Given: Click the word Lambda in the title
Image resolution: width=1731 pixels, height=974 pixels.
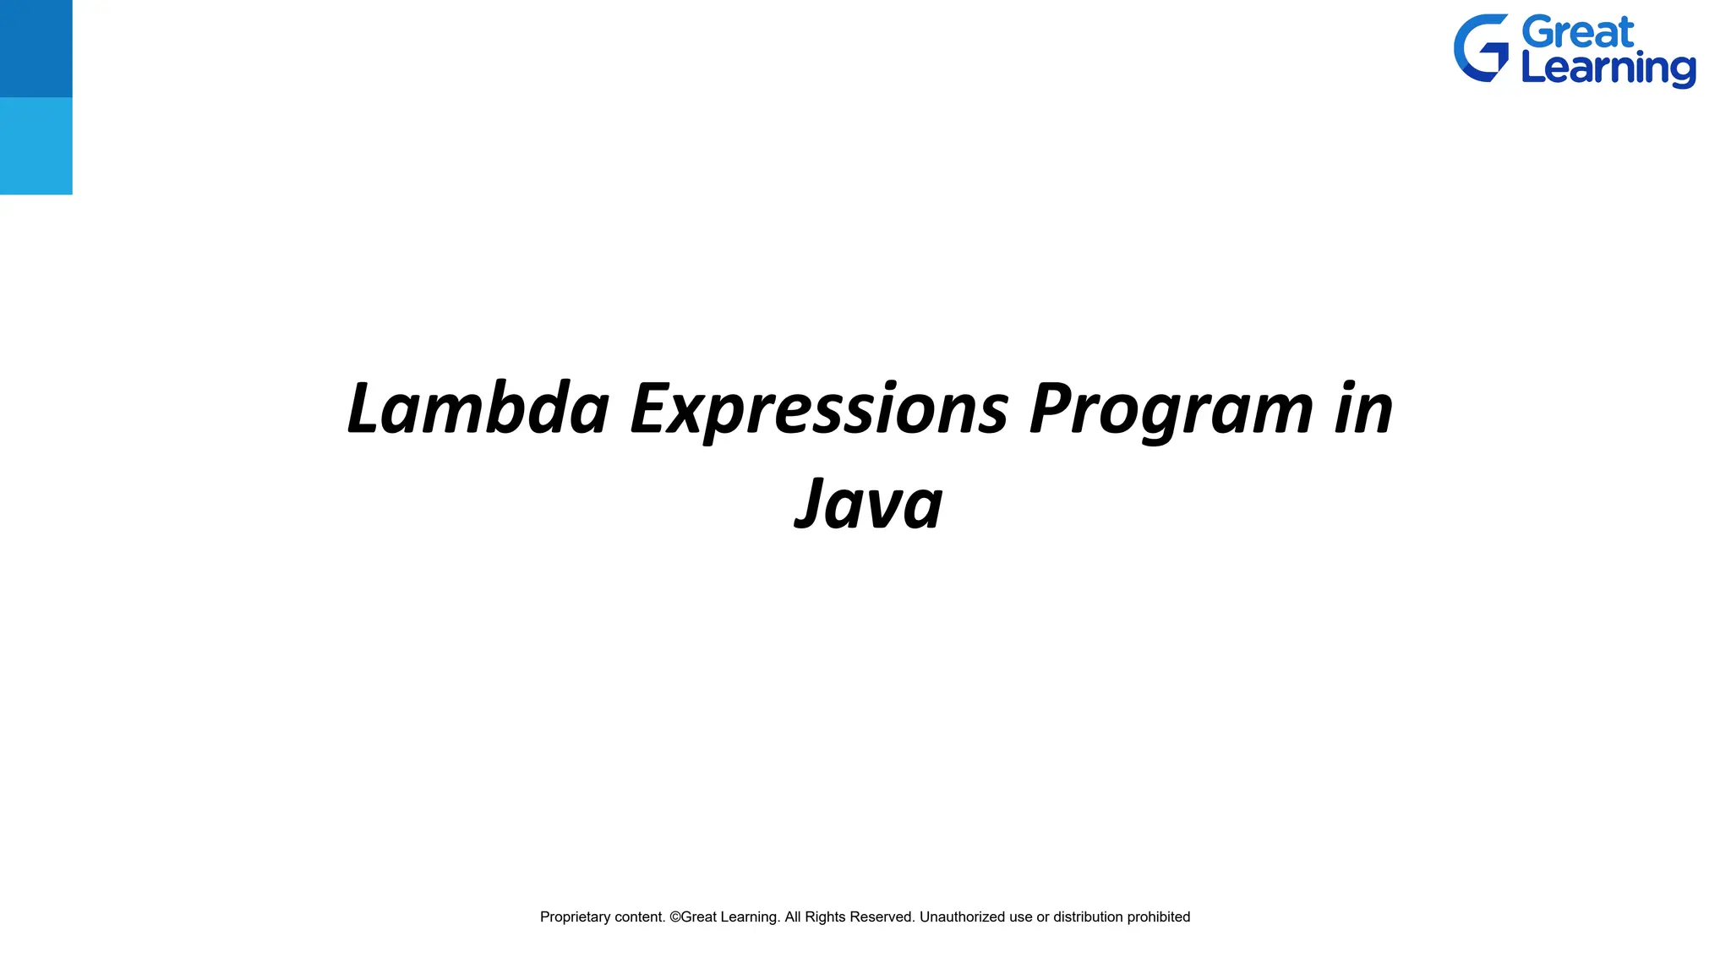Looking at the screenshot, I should (x=478, y=408).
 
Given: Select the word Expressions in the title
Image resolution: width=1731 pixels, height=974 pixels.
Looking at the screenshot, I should (x=819, y=410).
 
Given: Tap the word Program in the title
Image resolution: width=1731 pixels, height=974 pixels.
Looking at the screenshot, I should (x=1171, y=410).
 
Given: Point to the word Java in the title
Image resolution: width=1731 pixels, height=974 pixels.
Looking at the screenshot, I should (x=869, y=504).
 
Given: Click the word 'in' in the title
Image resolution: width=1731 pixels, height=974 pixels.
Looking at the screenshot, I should (x=1363, y=408).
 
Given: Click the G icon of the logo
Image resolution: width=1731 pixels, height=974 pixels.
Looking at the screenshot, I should (x=1481, y=48).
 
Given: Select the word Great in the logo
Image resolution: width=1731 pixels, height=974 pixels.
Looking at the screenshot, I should (x=1577, y=33).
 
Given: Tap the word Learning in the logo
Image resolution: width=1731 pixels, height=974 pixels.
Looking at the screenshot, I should (x=1608, y=68).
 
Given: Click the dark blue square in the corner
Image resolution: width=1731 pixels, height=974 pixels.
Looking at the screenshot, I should (x=35, y=48).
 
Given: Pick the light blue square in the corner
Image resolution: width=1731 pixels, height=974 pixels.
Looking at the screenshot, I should (x=35, y=145).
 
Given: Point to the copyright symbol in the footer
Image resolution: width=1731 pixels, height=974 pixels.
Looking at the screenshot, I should (x=674, y=917).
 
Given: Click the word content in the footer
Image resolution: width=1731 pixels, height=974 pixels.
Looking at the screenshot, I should (x=638, y=917).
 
